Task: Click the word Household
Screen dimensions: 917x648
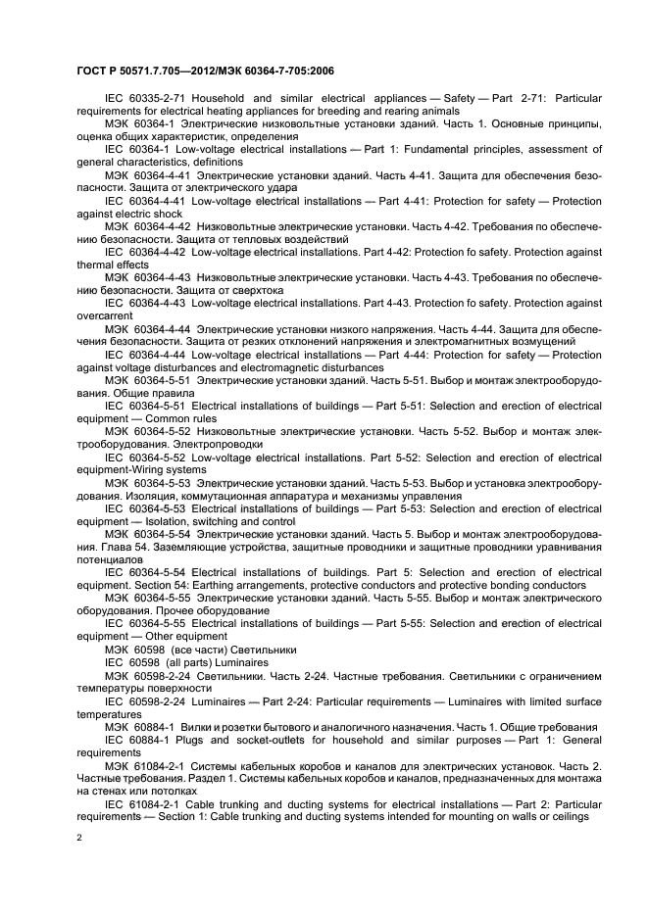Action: pyautogui.click(x=221, y=99)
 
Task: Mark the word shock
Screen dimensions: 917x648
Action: pyautogui.click(x=164, y=214)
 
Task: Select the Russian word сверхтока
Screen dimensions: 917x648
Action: pyautogui.click(x=251, y=290)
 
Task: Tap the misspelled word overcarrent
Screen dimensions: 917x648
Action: pyautogui.click(x=106, y=315)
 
